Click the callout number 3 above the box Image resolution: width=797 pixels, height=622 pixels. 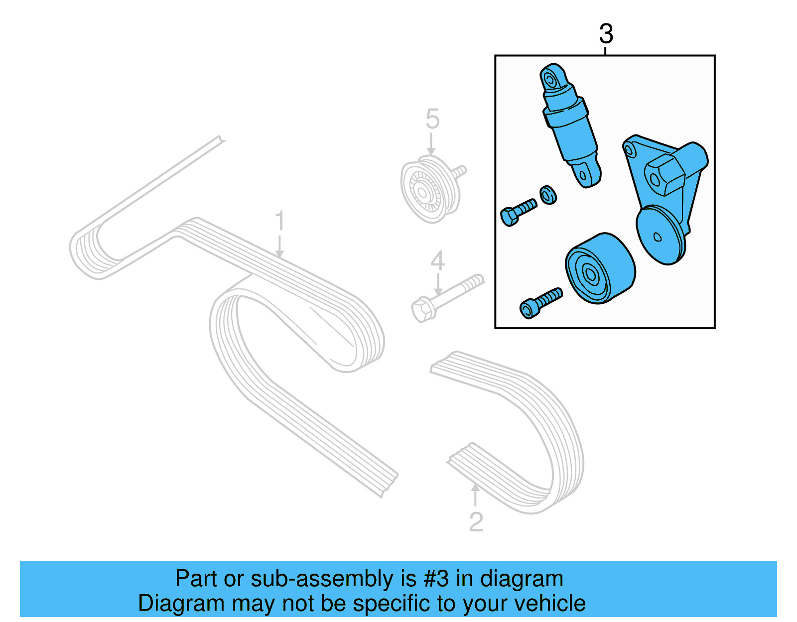pos(606,34)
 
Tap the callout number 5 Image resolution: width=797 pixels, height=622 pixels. pos(432,119)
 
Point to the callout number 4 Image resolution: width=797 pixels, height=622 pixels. pos(437,260)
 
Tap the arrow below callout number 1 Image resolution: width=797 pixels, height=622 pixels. pos(279,247)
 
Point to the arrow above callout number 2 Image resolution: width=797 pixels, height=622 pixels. pos(475,495)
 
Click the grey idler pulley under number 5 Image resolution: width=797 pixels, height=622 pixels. pos(431,189)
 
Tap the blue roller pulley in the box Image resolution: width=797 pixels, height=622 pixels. pos(600,268)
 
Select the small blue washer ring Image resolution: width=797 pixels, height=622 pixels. pos(548,195)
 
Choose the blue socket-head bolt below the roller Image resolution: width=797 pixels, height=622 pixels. pos(540,303)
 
